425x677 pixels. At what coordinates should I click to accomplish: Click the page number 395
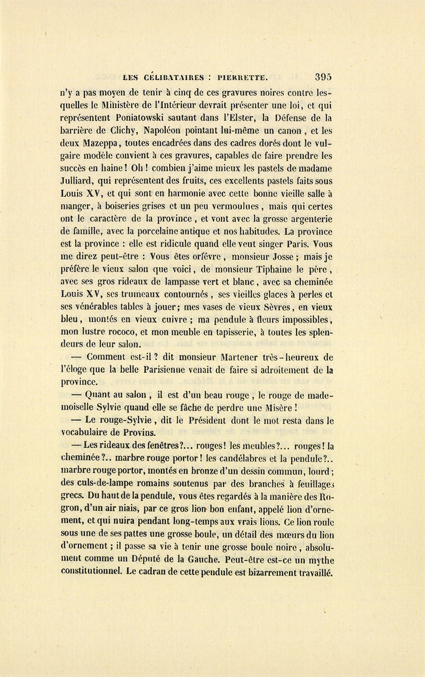tap(323, 77)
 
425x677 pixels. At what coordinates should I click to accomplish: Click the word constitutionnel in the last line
tap(90, 573)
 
